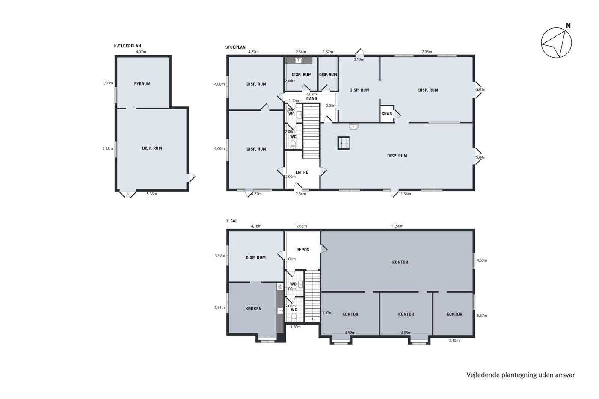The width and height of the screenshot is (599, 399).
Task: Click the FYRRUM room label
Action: pos(142,84)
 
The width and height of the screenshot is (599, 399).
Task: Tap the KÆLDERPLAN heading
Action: pos(128,46)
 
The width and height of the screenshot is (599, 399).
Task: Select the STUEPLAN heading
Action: pos(235,47)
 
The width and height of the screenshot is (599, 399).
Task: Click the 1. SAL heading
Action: pos(231,221)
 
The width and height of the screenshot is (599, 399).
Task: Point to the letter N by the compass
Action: pos(568,26)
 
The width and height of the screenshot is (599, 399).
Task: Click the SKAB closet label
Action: pos(387,114)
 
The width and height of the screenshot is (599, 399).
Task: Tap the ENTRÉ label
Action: pos(302,172)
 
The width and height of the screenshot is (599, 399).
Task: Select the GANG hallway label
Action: pos(311,99)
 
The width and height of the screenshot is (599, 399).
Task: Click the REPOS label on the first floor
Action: pos(303,250)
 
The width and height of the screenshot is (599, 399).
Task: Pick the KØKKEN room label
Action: pos(253,309)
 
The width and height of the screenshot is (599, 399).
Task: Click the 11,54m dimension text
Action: pos(405,194)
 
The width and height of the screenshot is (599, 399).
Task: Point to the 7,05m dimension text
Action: pos(427,52)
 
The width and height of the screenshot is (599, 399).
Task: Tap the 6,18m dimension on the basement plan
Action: pos(107,148)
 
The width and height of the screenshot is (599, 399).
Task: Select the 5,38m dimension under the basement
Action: pos(151,194)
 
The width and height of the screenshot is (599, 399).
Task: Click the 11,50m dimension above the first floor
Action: pos(397,226)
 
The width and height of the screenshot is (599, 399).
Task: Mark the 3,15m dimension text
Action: pos(454,340)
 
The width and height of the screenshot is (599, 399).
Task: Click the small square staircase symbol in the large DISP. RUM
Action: pos(344,143)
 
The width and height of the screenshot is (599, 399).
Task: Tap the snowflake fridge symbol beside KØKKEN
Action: pos(280,287)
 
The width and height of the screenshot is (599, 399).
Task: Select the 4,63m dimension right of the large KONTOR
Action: pos(482,260)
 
